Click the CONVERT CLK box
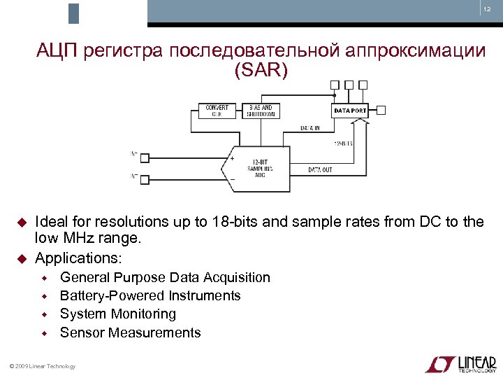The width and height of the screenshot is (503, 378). [x=217, y=111]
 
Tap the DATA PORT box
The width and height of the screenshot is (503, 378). [x=350, y=111]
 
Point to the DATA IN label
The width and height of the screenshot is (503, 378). [x=310, y=128]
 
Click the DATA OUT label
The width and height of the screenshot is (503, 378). [x=320, y=170]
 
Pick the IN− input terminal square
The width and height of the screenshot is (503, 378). [x=145, y=178]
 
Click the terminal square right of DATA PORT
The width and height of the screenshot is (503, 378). [x=381, y=110]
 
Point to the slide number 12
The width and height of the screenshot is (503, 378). [x=486, y=9]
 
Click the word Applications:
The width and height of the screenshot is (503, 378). [x=78, y=258]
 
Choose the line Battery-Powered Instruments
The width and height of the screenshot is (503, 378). [x=150, y=295]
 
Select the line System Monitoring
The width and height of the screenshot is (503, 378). [x=118, y=314]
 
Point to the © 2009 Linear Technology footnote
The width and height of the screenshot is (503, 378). [x=40, y=366]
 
